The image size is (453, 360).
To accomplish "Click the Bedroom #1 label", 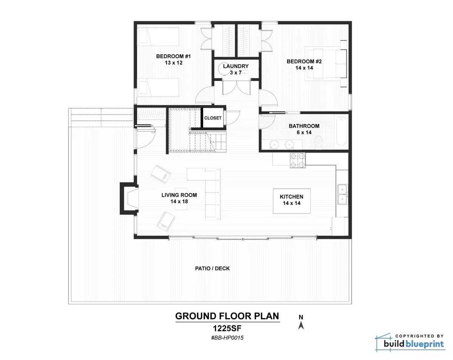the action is tap(173, 60).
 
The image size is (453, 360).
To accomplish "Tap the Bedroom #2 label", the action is tap(304, 65).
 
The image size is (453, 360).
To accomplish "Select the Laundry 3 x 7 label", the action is tap(236, 69).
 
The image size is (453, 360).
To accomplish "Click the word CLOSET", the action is tap(213, 118).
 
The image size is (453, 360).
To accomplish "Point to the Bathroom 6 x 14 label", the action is tap(304, 129).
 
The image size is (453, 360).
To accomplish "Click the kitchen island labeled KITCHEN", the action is tap(292, 201).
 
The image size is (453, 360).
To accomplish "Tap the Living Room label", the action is tap(179, 198).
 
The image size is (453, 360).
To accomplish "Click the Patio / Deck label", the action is tap(213, 268).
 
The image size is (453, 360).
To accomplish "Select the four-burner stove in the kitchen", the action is tap(297, 160).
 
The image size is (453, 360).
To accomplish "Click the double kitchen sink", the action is tap(342, 194).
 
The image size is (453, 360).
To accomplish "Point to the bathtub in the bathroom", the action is tap(341, 131).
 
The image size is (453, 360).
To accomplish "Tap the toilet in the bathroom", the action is tap(319, 142).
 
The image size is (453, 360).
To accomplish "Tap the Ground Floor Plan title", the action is tap(227, 316).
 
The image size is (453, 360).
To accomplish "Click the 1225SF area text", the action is tap(227, 328).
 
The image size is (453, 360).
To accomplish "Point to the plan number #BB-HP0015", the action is tap(227, 338).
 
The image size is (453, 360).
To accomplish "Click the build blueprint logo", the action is tap(410, 342).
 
